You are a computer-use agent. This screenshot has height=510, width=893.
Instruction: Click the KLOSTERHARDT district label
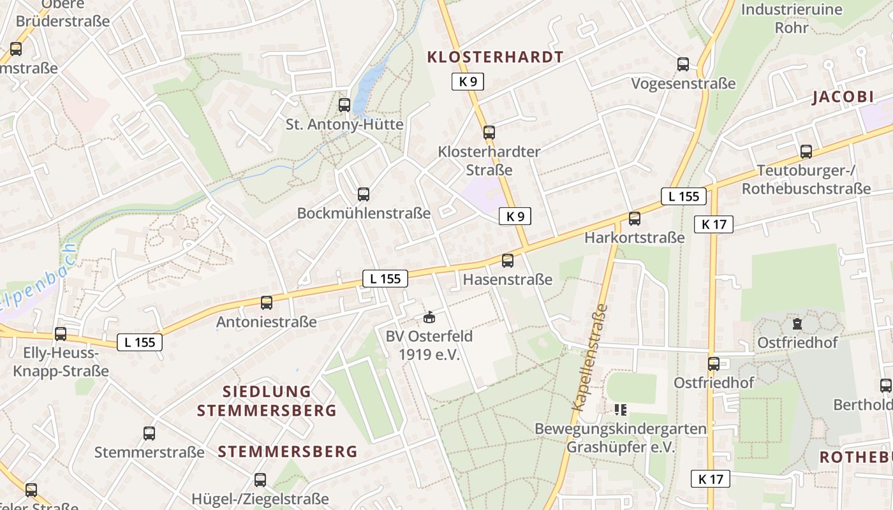[x=495, y=57]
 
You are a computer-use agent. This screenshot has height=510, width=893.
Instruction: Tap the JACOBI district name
[x=842, y=97]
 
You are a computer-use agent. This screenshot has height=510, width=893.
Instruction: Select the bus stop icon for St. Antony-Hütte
[x=344, y=105]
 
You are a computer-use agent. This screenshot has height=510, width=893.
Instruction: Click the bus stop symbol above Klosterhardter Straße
[x=489, y=133]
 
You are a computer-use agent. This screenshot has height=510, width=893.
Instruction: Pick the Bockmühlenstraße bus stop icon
[x=364, y=194]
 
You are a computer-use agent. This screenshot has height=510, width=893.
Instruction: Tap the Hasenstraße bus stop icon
[x=508, y=261]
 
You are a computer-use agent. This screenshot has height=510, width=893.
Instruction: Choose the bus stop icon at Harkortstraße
[x=635, y=219]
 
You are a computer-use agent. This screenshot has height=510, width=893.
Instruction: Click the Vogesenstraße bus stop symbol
[x=683, y=64]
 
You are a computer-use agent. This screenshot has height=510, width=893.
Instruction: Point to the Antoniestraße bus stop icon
[x=267, y=303]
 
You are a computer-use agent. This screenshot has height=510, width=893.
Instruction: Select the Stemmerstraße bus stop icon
[x=149, y=433]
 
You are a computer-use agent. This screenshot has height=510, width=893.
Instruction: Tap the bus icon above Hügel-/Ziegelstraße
[x=260, y=480]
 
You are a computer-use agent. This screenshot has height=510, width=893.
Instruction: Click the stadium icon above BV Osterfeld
[x=429, y=317]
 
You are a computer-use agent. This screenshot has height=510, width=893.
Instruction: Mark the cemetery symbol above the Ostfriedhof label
[x=797, y=324]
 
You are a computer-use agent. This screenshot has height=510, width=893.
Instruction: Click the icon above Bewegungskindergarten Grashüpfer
[x=621, y=409]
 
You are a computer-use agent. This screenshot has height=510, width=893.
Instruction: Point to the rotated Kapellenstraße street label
[x=591, y=357]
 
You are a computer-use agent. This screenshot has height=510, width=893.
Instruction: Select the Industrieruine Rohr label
[x=791, y=18]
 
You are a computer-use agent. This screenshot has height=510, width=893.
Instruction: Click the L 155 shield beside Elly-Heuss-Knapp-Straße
[x=140, y=342]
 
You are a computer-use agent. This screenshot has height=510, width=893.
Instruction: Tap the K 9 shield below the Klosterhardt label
[x=468, y=82]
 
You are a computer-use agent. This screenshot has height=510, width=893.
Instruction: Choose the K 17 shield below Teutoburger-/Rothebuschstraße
[x=714, y=224]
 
